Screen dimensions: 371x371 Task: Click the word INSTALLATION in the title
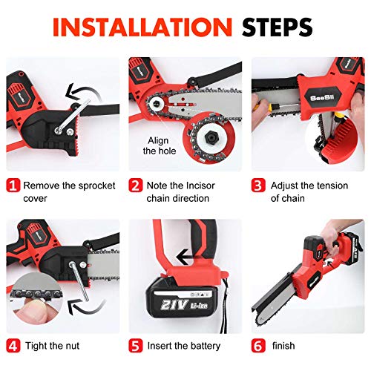[142, 27]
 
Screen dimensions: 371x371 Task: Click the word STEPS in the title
[278, 27]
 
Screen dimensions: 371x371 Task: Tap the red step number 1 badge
[13, 185]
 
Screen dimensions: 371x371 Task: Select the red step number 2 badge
[136, 185]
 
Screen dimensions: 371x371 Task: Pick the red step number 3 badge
[258, 185]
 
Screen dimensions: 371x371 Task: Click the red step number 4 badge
[13, 346]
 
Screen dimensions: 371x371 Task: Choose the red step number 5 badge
[136, 346]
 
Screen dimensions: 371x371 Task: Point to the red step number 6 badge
[258, 346]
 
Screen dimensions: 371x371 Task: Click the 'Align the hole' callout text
[160, 145]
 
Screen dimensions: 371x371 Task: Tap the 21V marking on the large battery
[174, 304]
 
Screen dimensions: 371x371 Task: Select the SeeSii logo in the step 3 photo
[322, 98]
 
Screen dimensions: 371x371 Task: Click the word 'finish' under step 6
[283, 346]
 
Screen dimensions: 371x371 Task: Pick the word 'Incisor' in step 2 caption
[200, 185]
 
